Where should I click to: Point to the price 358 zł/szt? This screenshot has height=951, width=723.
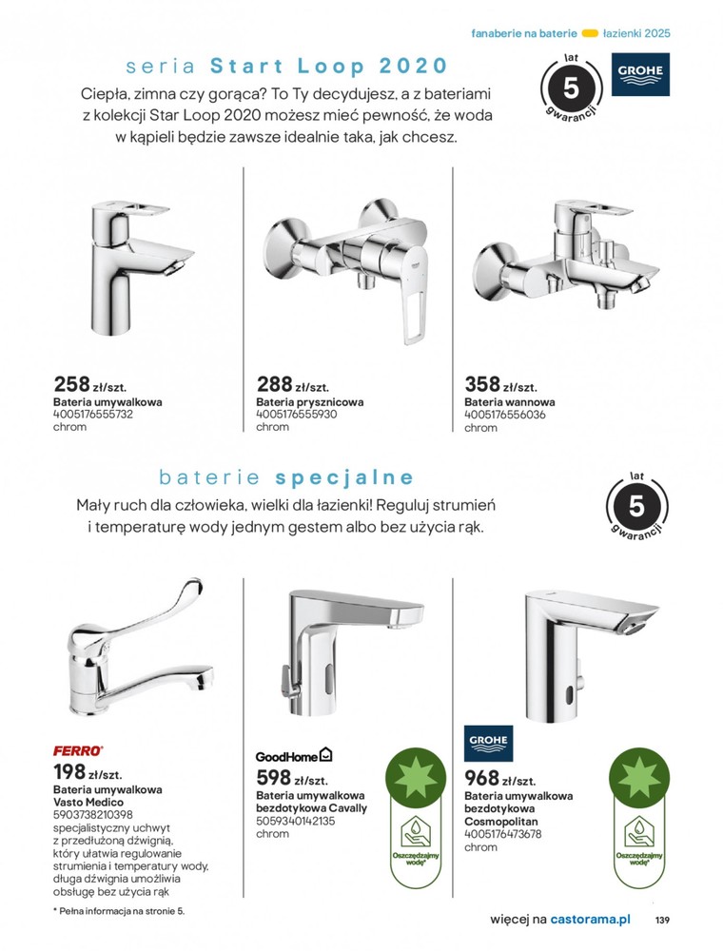click(500, 385)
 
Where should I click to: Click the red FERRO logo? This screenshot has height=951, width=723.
click(78, 750)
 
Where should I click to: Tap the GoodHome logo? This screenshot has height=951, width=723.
click(293, 755)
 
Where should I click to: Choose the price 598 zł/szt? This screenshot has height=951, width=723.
click(289, 778)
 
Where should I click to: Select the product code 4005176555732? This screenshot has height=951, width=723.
click(92, 415)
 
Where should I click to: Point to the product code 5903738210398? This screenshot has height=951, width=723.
click(92, 814)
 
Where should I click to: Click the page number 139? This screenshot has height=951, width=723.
click(662, 920)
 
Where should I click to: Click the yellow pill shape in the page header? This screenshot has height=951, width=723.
click(589, 32)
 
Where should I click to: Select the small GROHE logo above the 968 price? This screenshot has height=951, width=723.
click(488, 742)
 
